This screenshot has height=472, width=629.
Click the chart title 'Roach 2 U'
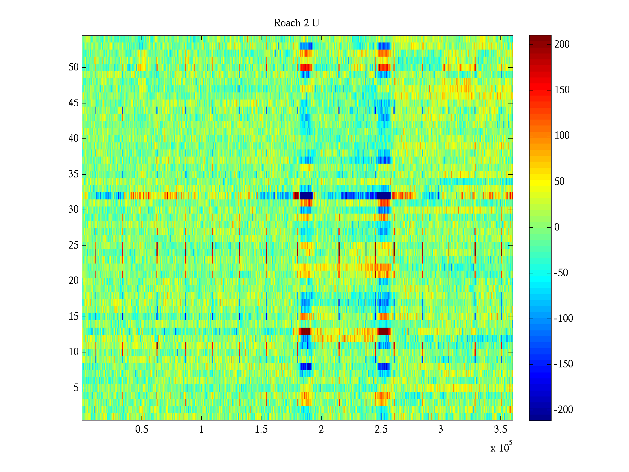[x=296, y=23]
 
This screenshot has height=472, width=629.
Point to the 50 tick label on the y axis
[x=74, y=67]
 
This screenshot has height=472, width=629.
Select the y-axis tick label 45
[x=74, y=103]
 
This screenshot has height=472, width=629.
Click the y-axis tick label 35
[x=74, y=174]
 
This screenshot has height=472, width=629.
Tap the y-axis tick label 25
[x=74, y=245]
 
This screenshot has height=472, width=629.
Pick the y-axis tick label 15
[x=74, y=317]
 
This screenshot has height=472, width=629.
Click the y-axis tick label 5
[x=76, y=388]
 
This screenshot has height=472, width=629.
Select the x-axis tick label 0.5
[x=142, y=430]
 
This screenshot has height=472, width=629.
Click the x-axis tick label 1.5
[x=261, y=430]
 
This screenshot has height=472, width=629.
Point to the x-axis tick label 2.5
[x=381, y=430]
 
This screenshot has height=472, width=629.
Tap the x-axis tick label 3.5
[x=500, y=430]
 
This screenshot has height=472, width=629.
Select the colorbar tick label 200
[x=562, y=44]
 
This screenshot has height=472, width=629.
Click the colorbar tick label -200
[x=563, y=410]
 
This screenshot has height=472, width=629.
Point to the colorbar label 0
[x=557, y=227]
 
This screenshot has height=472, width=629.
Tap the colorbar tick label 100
[x=562, y=136]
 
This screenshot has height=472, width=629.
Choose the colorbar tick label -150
[x=563, y=364]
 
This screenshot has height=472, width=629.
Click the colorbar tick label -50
[x=561, y=273]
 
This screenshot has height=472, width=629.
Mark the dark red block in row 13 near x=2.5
[x=383, y=331]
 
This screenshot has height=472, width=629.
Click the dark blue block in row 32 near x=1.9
[x=307, y=195]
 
